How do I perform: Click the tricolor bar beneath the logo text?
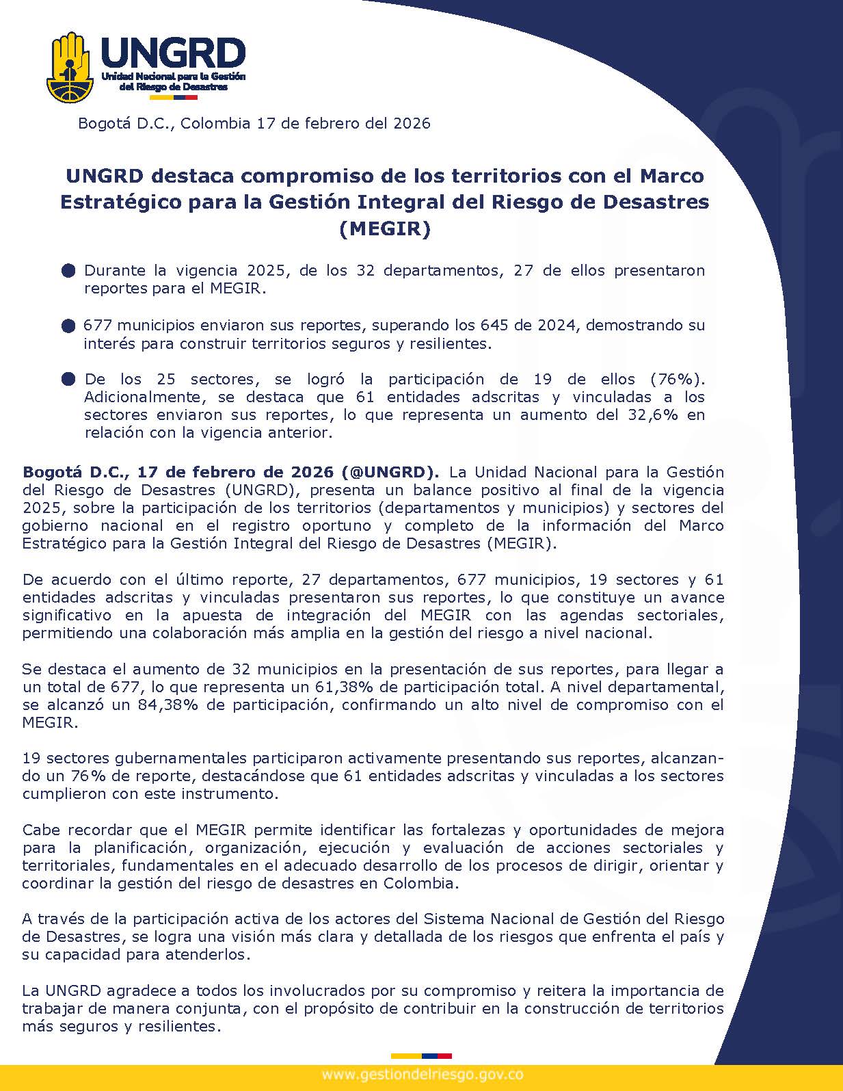(x=173, y=97)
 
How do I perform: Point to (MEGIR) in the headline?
(x=385, y=228)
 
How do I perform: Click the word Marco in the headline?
(x=671, y=176)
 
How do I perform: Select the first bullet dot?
(x=68, y=271)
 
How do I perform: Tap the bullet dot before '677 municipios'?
(x=68, y=326)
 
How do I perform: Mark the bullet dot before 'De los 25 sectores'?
(x=68, y=380)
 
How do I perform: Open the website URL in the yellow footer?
(x=422, y=1075)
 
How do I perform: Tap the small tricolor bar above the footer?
(x=421, y=1056)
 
